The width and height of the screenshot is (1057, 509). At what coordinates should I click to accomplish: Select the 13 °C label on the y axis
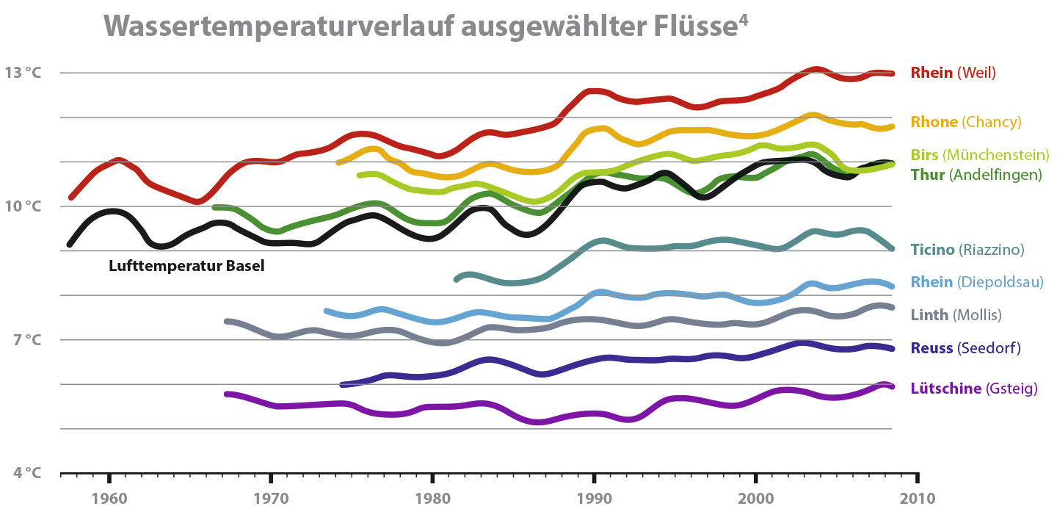pyautogui.click(x=24, y=73)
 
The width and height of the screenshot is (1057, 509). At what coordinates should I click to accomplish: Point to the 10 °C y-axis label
pyautogui.click(x=24, y=206)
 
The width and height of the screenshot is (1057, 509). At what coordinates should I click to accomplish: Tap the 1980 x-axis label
pyautogui.click(x=432, y=497)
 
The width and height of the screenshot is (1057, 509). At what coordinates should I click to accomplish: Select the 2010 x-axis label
pyautogui.click(x=917, y=497)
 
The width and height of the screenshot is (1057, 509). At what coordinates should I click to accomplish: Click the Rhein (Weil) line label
pyautogui.click(x=953, y=73)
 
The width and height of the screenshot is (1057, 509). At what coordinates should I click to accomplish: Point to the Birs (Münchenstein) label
pyautogui.click(x=979, y=155)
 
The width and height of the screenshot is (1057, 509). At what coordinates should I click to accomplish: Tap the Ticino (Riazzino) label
pyautogui.click(x=967, y=250)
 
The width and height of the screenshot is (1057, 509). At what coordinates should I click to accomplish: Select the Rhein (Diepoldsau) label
pyautogui.click(x=976, y=282)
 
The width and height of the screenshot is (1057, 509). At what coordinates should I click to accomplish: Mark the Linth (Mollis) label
pyautogui.click(x=956, y=315)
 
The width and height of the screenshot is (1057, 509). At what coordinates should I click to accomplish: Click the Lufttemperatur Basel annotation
pyautogui.click(x=186, y=267)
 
